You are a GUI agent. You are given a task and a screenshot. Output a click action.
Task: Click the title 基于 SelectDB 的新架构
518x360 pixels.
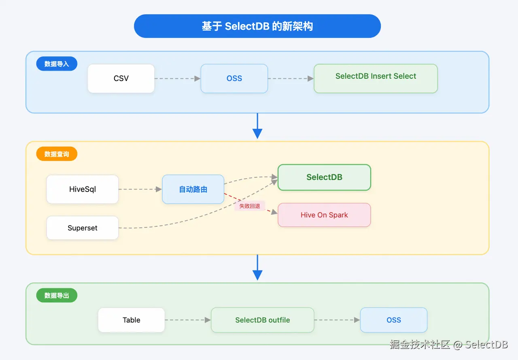(x=257, y=26)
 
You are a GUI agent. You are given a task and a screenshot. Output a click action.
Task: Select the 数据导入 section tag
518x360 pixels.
(x=57, y=64)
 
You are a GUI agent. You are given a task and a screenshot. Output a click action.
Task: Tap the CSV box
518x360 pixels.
(x=121, y=79)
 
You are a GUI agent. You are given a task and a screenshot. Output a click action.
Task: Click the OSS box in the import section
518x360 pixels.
(x=234, y=79)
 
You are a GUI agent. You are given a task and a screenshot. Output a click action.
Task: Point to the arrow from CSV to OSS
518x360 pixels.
(x=178, y=79)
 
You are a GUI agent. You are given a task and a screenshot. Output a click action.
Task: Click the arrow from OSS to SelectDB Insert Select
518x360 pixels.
(x=291, y=79)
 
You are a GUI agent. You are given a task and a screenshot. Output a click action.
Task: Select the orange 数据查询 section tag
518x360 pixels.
(x=57, y=154)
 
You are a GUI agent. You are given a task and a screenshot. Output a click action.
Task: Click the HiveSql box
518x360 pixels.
(x=83, y=189)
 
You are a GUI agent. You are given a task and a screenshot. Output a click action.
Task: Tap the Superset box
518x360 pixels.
(x=83, y=228)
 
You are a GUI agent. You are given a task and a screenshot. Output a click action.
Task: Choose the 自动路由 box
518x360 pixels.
(x=193, y=189)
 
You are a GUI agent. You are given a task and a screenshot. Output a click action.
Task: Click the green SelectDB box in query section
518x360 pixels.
(x=324, y=177)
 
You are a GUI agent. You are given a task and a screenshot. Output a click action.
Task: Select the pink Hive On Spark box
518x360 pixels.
(x=324, y=215)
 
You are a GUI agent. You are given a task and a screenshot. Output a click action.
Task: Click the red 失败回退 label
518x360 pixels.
(x=249, y=206)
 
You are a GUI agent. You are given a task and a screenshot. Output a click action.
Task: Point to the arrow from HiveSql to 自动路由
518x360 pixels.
(x=140, y=189)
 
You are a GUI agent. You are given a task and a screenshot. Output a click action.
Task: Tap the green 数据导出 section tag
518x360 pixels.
(x=57, y=296)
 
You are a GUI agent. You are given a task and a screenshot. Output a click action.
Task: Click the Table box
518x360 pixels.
(x=132, y=320)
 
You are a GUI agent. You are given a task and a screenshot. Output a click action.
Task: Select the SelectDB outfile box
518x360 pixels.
(x=262, y=320)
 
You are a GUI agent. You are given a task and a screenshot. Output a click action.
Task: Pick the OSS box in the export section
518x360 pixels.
(x=393, y=320)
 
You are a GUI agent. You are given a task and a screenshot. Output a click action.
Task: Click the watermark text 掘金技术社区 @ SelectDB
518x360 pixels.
(x=448, y=345)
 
